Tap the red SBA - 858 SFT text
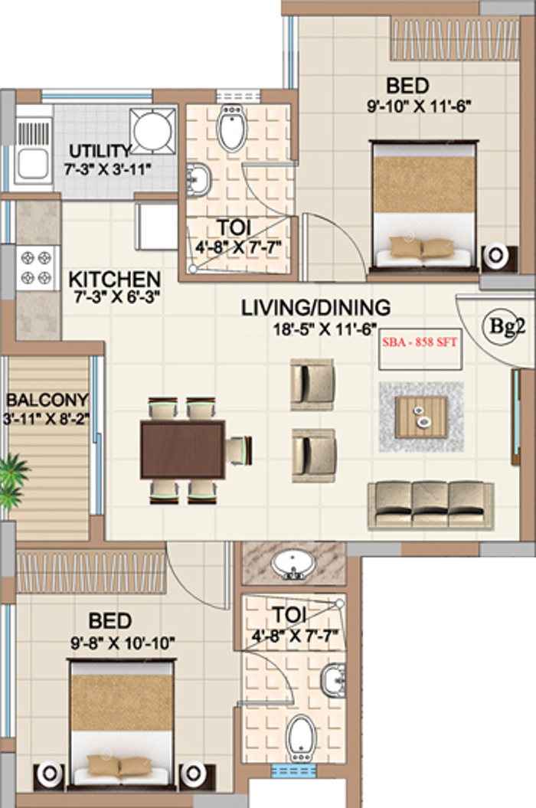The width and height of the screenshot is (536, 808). [x=420, y=342]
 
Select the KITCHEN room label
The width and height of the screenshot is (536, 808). [x=114, y=280]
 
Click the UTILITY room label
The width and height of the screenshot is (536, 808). [x=100, y=151]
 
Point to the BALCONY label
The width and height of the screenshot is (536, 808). [x=47, y=400]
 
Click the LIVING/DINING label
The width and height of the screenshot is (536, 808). [x=316, y=308]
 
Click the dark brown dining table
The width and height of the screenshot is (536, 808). [x=182, y=450]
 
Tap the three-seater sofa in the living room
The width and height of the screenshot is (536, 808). [x=431, y=505]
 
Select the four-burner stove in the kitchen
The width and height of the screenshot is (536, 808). [x=36, y=267]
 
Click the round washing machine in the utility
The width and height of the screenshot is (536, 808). [x=152, y=131]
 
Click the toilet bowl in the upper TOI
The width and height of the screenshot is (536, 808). [x=231, y=128]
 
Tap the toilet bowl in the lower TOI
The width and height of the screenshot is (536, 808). [x=301, y=738]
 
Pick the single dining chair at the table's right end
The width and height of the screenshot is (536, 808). [x=239, y=450]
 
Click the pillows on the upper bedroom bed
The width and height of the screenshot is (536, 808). [x=422, y=247]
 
